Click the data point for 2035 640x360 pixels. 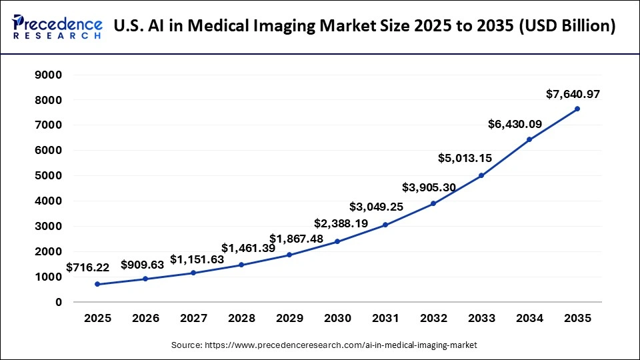coord(577,109)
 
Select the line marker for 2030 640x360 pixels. coord(337,241)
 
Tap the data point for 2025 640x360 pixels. coord(97,284)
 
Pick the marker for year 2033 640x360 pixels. coord(481,175)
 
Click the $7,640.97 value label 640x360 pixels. coord(573,94)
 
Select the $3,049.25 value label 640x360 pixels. coord(377,207)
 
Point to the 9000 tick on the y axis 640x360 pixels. coord(49,75)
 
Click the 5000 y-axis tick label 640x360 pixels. coord(49,176)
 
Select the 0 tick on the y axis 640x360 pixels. coord(59,302)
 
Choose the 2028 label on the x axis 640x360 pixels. coord(241,319)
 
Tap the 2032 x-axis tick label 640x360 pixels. coord(433,319)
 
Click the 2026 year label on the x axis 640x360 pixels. coord(145,319)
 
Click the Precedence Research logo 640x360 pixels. coord(57,27)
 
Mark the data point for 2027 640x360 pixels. coord(193,273)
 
